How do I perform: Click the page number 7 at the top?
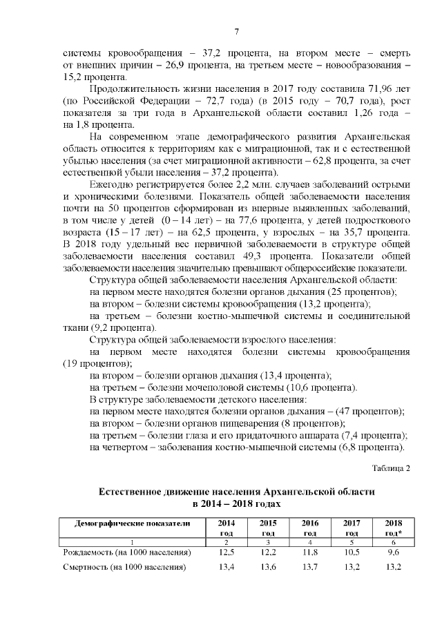(236, 31)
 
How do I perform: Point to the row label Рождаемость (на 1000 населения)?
(126, 553)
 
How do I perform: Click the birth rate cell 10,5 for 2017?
(352, 553)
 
